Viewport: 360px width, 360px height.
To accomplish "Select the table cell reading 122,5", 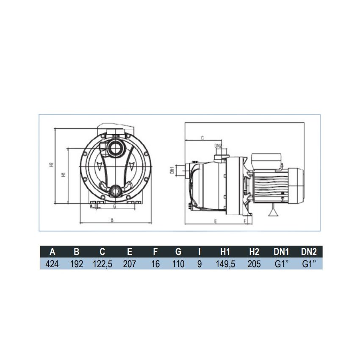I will coord(102,264).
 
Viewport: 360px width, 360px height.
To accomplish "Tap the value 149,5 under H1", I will coord(226,264).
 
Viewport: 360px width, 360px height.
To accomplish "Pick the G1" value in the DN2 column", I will coord(309,264).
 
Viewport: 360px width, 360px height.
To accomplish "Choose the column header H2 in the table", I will coord(254,252).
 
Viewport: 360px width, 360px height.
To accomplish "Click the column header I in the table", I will coord(199,252).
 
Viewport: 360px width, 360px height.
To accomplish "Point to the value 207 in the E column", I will coord(129,264).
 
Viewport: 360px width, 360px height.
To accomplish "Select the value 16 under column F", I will coord(155,264).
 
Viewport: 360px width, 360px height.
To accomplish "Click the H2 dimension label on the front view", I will coord(51,164).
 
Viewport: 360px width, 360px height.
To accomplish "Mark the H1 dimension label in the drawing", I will coord(63,174).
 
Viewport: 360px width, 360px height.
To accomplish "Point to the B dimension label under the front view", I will coord(112,220).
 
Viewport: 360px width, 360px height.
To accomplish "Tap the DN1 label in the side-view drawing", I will coord(172,170).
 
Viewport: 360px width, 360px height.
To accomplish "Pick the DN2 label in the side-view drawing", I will coord(218,146).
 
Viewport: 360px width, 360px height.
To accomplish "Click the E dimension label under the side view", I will coord(215,221).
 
